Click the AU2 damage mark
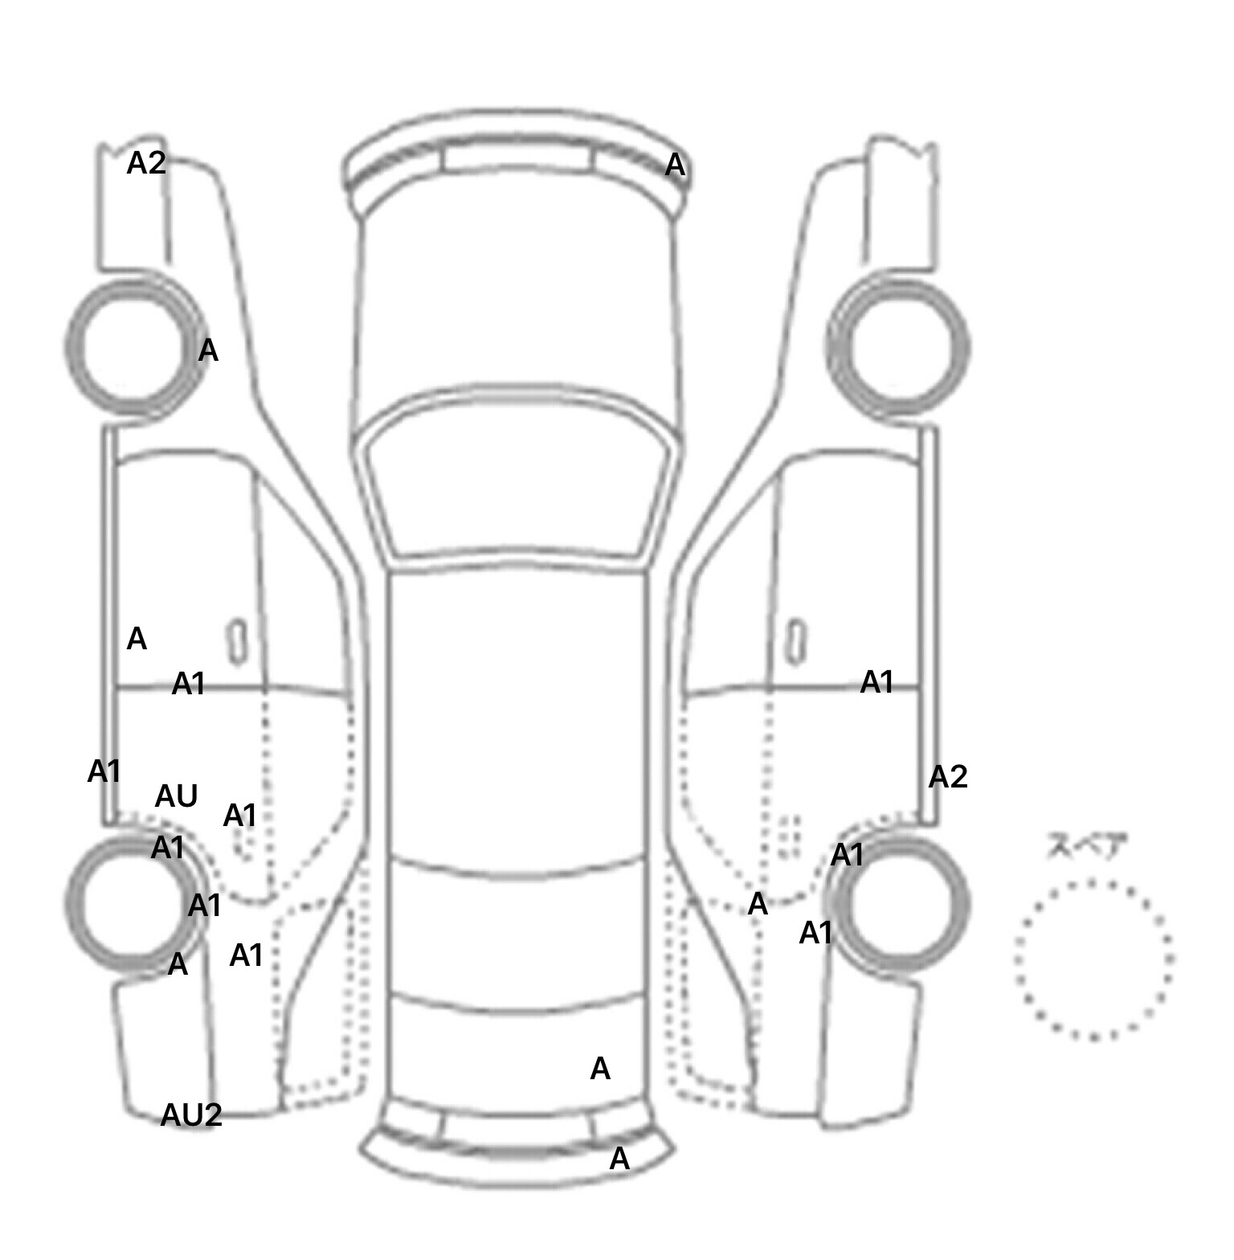click(191, 1115)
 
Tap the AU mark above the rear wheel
click(176, 796)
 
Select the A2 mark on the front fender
click(146, 163)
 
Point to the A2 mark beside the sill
click(948, 777)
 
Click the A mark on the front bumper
click(675, 166)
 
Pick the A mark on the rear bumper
click(619, 1159)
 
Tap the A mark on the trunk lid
click(600, 1069)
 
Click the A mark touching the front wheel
click(208, 350)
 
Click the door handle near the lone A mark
click(237, 642)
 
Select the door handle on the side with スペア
click(796, 642)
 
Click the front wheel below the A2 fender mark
click(68, 347)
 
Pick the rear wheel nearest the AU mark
click(69, 904)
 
